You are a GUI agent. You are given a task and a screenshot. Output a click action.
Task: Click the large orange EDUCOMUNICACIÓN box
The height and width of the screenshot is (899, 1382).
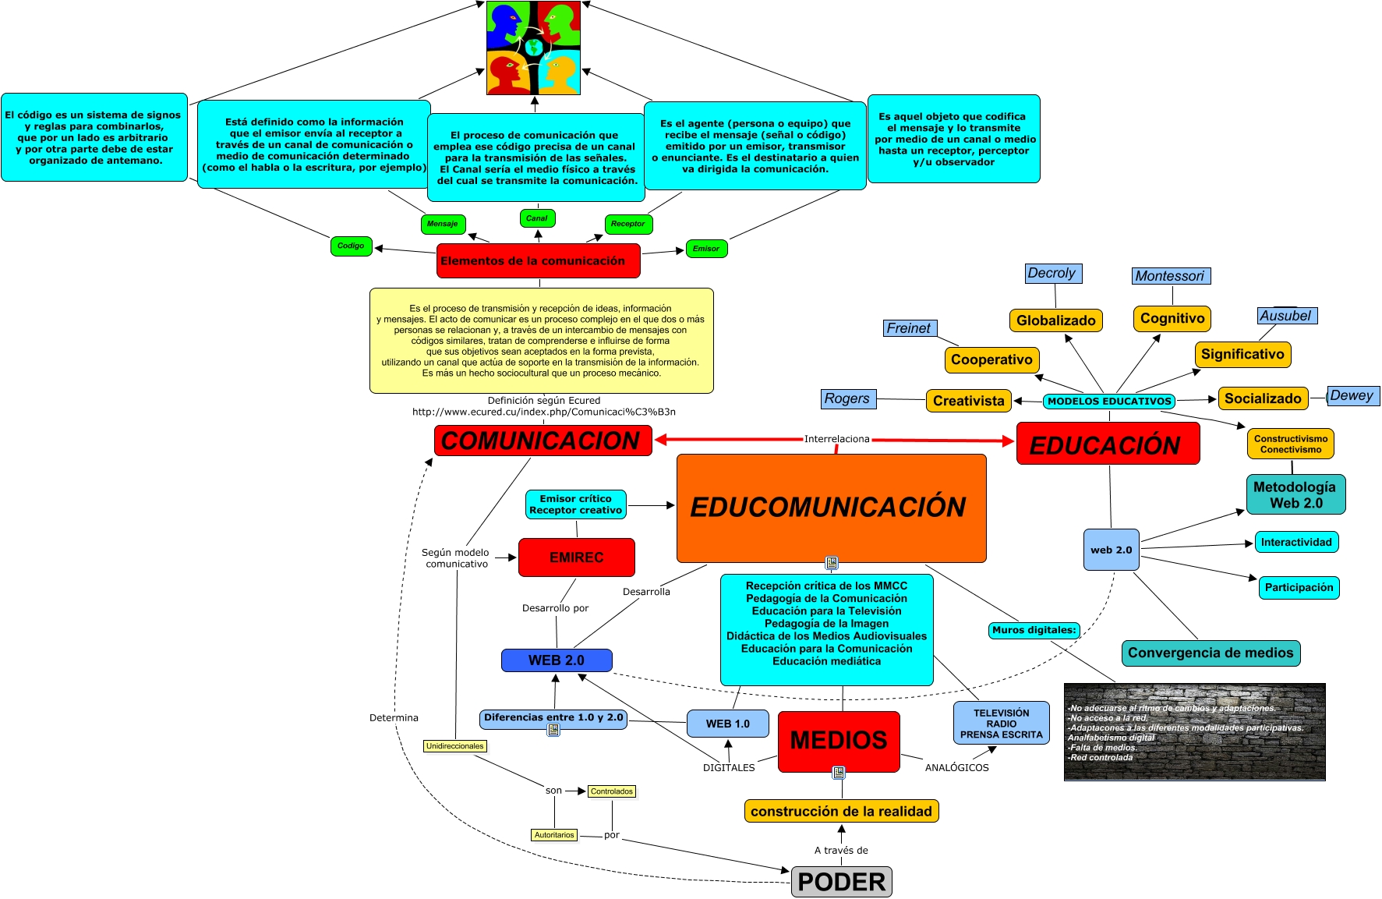(831, 508)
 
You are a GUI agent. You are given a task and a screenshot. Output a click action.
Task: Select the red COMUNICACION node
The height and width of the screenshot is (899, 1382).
(543, 441)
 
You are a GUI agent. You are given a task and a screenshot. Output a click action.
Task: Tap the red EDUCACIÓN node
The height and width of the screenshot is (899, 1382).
(1107, 444)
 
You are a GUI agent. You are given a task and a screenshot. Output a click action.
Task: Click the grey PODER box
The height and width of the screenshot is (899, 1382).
(841, 882)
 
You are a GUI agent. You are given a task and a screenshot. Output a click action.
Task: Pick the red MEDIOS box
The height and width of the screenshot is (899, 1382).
(839, 741)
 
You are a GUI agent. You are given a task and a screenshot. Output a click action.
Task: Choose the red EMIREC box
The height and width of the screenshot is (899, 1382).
(576, 557)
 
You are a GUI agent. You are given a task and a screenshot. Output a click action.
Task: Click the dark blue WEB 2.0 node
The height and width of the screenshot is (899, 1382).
(556, 660)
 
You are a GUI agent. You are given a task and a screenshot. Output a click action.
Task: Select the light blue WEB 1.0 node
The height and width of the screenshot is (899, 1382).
(727, 724)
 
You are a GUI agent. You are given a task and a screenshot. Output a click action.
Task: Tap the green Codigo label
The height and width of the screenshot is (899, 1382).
(351, 246)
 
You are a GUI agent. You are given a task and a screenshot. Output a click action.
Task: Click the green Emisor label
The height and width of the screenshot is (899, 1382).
(706, 249)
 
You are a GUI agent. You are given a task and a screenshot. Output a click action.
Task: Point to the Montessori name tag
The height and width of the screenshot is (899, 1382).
(1170, 276)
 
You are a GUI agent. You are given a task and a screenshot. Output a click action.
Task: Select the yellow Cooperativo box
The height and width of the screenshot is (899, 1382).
(991, 359)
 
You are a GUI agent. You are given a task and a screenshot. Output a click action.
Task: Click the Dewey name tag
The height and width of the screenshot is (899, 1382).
(1352, 395)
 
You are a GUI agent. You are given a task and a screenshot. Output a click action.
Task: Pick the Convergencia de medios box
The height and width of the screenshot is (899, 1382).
(1210, 653)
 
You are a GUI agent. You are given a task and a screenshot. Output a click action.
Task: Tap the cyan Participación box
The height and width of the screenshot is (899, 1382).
(1299, 587)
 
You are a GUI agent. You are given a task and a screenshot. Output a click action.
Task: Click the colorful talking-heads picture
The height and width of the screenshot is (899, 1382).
(534, 48)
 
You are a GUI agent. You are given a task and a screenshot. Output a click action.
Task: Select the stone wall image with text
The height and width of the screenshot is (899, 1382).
(1194, 731)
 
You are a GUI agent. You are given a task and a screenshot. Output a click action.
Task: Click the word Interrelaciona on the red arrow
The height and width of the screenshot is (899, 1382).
(836, 439)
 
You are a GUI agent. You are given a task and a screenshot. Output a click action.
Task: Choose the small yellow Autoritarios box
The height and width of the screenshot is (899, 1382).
(554, 835)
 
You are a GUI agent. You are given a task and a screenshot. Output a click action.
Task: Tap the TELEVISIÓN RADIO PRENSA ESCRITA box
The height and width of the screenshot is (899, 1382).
(1001, 724)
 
